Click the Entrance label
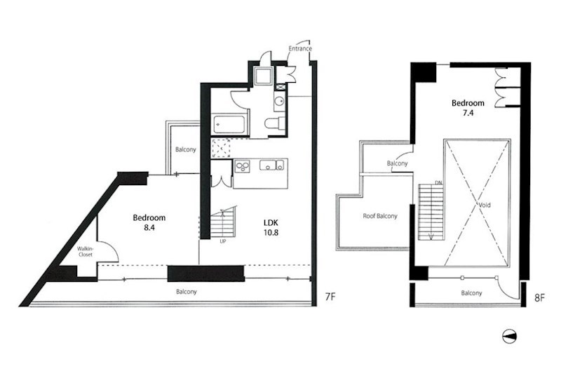300,48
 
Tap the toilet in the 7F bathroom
275,123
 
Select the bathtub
229,124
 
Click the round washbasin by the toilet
279,100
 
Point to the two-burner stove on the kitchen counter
242,167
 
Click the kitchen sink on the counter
271,166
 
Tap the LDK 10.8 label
271,228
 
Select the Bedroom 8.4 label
149,222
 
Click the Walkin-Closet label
85,252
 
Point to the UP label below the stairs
223,241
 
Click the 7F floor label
330,297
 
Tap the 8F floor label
539,298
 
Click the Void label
485,205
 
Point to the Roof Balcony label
380,216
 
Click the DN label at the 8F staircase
438,183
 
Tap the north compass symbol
510,337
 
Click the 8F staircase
431,212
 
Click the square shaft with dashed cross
221,149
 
